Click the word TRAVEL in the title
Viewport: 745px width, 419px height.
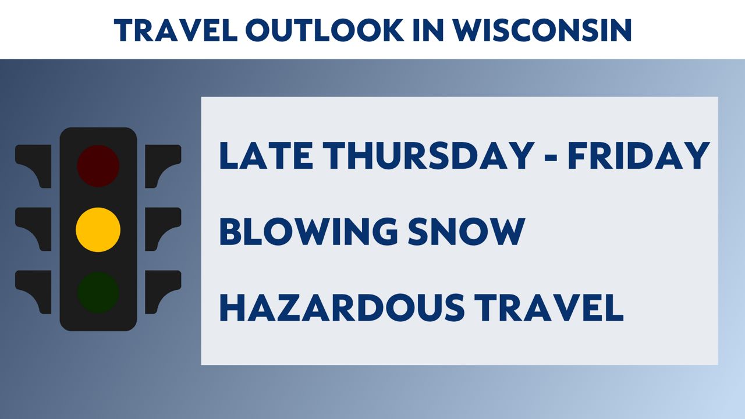tap(176, 30)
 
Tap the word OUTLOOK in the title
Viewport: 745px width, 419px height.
tap(325, 30)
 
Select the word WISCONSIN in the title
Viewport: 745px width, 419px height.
tap(542, 30)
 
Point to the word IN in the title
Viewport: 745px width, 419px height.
tap(428, 30)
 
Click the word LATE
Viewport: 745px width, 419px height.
tap(266, 155)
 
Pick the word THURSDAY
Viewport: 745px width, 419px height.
tap(428, 155)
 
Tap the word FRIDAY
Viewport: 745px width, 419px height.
tap(638, 155)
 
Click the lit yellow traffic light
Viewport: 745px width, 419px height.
tap(98, 229)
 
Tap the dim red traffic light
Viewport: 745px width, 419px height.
tap(98, 166)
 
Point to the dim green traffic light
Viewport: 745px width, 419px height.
tap(98, 293)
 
